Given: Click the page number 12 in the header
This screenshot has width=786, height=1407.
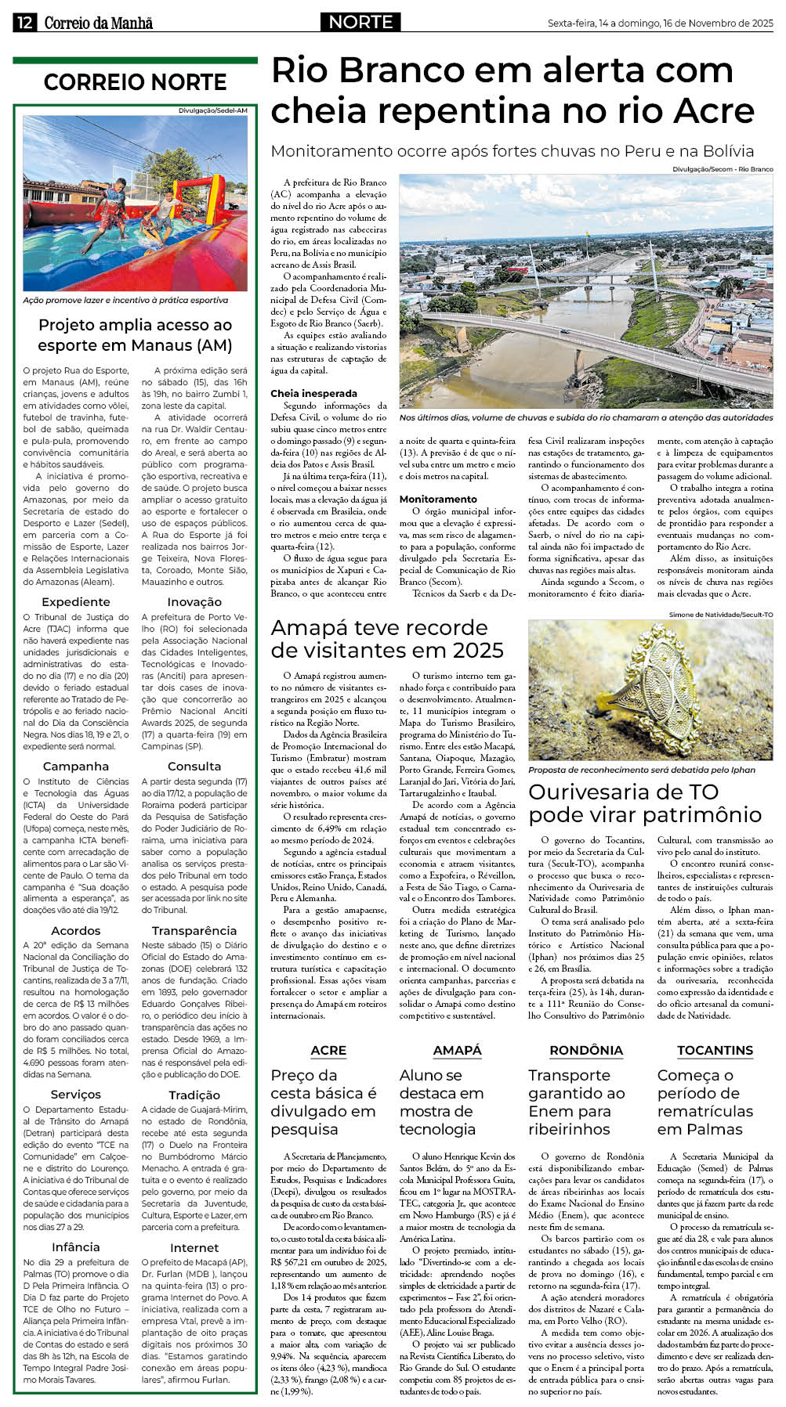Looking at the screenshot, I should [x=24, y=22].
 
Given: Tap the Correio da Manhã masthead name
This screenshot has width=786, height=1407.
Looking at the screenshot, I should [x=99, y=23].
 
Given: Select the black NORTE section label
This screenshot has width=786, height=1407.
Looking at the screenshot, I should [x=360, y=22].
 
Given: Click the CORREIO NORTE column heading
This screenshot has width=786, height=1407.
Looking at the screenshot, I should [x=135, y=82].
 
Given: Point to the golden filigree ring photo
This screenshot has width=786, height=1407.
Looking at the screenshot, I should [x=650, y=690].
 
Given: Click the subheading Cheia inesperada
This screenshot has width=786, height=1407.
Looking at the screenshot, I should [x=313, y=393].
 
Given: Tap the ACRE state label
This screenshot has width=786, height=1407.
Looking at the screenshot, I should [x=328, y=1050].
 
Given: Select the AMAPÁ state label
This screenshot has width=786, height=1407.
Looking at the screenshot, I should [x=457, y=1050].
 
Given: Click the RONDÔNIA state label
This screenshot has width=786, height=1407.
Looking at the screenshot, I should [x=586, y=1050].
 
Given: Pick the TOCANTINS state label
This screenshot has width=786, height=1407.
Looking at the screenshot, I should [x=715, y=1050].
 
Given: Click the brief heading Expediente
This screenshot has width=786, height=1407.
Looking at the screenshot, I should [x=76, y=601].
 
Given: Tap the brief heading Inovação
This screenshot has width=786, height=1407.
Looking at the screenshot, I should [x=194, y=601].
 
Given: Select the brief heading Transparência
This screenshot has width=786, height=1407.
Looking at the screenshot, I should [x=194, y=930].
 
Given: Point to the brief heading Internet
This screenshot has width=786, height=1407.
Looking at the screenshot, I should [x=194, y=1247].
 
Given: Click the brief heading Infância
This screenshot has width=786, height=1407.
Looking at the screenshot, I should [x=76, y=1246].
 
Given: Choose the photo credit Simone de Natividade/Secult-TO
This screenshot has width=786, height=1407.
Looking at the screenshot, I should [x=720, y=615].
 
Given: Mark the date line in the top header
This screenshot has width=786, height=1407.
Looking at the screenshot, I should [x=660, y=23].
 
